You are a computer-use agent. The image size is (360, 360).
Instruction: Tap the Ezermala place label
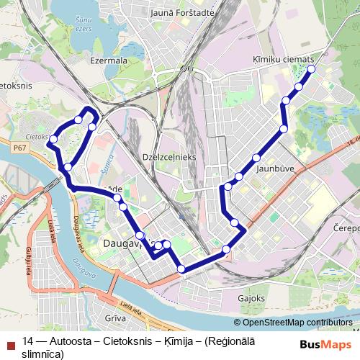(x=108, y=61)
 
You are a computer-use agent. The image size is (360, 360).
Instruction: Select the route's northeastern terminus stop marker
(x=312, y=69)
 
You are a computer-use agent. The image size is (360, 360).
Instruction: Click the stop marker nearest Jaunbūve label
(x=256, y=158)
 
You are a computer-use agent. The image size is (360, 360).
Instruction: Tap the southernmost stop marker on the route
(x=181, y=269)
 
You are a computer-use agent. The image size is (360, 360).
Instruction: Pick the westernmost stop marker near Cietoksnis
(x=53, y=139)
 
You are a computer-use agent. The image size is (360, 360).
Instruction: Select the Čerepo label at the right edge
(x=346, y=228)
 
